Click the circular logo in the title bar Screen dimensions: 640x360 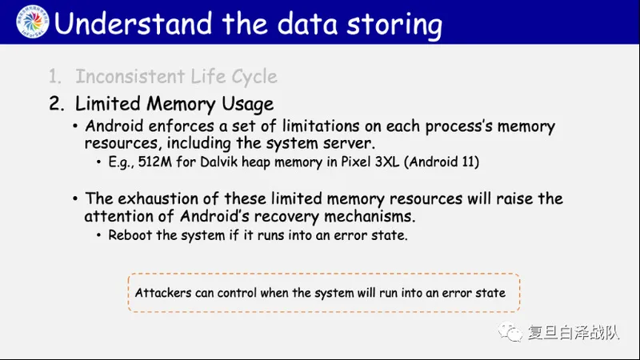pyautogui.click(x=33, y=22)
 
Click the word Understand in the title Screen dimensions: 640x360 pyautogui.click(x=133, y=23)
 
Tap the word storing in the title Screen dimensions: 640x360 pyautogui.click(x=394, y=26)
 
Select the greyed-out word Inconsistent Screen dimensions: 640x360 pyautogui.click(x=130, y=76)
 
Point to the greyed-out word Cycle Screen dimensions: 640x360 pyautogui.click(x=254, y=77)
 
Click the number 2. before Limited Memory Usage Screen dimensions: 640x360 pyautogui.click(x=57, y=104)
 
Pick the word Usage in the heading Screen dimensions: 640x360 pyautogui.click(x=248, y=105)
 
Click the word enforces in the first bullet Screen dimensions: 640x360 pyautogui.click(x=182, y=126)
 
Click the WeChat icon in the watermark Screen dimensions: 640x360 pyautogui.click(x=510, y=331)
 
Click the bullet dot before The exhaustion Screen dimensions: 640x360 pyautogui.click(x=75, y=198)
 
